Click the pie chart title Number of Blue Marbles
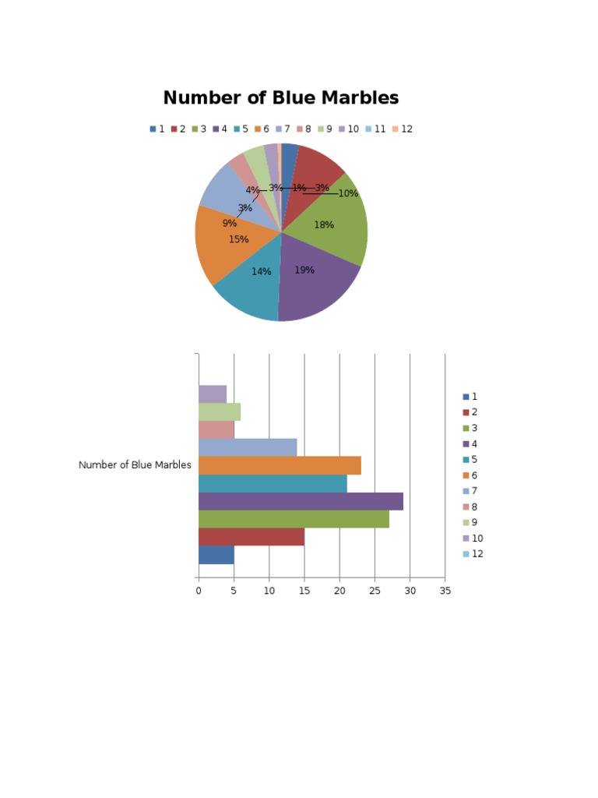280,98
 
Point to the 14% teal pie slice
253,288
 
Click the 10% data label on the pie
348,193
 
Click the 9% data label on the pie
229,224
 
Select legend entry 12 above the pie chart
403,129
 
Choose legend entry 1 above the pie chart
157,129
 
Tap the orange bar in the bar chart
280,465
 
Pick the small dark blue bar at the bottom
216,555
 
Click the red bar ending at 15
251,537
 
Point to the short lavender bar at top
212,394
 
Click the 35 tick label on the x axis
445,591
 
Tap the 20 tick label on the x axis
339,591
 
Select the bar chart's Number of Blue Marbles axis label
135,465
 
